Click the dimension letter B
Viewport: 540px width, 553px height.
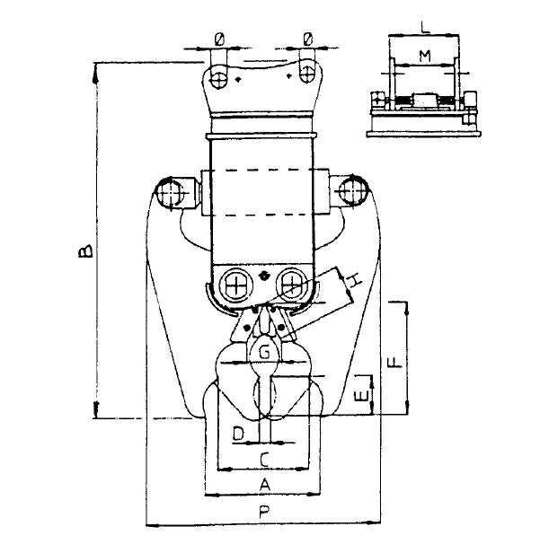83,249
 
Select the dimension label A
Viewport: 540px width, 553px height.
263,483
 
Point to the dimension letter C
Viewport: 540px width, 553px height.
263,459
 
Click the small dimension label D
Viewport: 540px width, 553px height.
238,434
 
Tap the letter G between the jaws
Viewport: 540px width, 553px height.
265,353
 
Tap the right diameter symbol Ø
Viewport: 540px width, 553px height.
308,39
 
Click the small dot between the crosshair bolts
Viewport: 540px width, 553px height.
263,275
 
